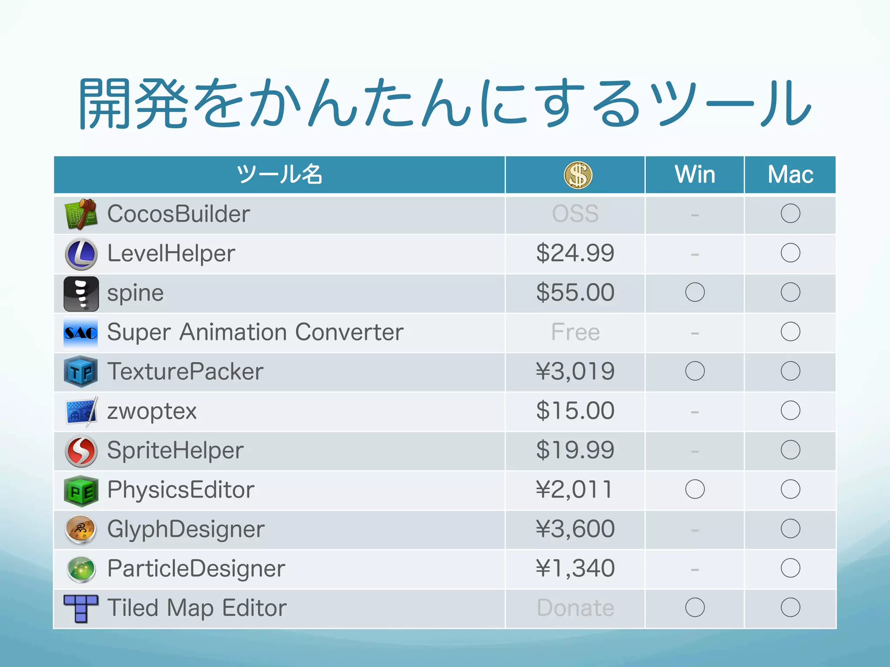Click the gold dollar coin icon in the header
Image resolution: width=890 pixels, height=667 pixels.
[x=578, y=175]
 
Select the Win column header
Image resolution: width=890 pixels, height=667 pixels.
[x=694, y=175]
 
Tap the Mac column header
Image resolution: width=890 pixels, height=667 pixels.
[x=790, y=175]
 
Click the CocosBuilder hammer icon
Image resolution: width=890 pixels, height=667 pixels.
[x=81, y=214]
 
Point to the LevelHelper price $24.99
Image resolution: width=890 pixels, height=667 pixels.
[x=575, y=253]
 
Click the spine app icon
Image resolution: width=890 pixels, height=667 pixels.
[x=81, y=294]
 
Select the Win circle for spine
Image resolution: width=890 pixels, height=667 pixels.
[x=694, y=292]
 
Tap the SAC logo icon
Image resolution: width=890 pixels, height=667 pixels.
[x=81, y=333]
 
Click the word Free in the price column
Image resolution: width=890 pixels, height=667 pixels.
[x=575, y=332]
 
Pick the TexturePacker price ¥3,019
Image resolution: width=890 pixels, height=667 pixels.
[x=575, y=372]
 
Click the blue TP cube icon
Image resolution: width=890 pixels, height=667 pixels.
[x=81, y=372]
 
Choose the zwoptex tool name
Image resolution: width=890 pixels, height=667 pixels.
[x=152, y=411]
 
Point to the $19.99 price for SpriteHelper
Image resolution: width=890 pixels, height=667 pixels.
[x=575, y=450]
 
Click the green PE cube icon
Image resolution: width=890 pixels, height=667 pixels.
[x=81, y=491]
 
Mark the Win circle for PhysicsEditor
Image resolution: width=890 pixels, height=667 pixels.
[x=694, y=489]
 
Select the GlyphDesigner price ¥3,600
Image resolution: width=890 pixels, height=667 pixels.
[x=575, y=529]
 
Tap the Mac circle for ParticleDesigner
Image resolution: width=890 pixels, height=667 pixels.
[x=790, y=568]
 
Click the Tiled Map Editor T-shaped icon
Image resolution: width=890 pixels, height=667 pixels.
[x=81, y=608]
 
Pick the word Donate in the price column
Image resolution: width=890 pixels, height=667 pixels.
[x=575, y=608]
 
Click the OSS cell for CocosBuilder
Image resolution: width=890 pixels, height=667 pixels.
[x=575, y=214]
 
